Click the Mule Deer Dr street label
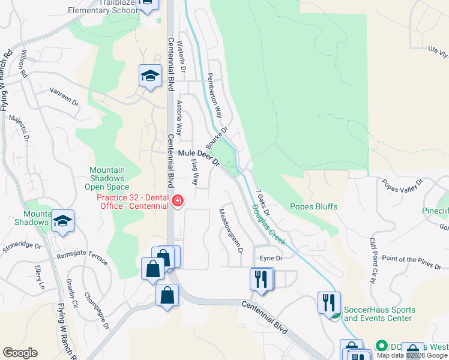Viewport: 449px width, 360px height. (x=200, y=158)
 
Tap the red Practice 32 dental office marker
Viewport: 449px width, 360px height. (x=178, y=201)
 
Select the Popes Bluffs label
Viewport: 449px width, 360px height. (x=313, y=206)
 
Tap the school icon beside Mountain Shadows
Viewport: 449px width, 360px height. (x=63, y=221)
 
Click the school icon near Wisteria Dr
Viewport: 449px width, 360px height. (x=150, y=76)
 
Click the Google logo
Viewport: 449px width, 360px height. (x=20, y=353)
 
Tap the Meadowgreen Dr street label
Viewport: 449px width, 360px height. (x=230, y=230)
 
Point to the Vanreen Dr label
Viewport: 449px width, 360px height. (x=64, y=97)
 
